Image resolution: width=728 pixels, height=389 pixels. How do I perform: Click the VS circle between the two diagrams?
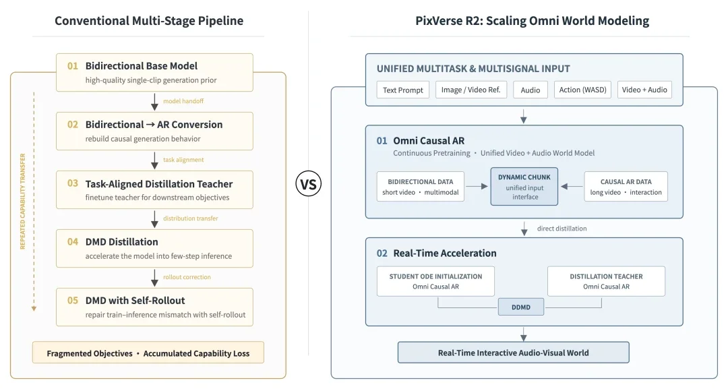click(308, 184)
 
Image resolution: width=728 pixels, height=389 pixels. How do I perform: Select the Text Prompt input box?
click(403, 90)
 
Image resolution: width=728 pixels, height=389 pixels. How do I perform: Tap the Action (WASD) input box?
click(582, 90)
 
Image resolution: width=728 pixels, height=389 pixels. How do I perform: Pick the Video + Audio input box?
click(644, 90)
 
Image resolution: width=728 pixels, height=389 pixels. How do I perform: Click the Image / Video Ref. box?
click(471, 90)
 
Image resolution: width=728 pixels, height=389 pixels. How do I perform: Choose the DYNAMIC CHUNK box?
click(524, 187)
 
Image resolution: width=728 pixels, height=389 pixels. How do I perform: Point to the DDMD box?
click(521, 307)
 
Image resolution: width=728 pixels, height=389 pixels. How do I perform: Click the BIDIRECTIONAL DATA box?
click(420, 187)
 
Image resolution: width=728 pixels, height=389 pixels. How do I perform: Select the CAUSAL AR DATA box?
click(626, 187)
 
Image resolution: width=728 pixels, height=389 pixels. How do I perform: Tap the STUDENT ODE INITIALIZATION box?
click(435, 281)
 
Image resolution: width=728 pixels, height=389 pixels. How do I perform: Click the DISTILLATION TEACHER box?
click(607, 281)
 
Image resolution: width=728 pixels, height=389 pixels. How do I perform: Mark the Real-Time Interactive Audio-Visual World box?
click(514, 353)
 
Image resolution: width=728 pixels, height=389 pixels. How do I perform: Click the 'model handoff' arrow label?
click(183, 101)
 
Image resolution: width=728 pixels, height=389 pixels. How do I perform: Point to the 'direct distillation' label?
click(562, 229)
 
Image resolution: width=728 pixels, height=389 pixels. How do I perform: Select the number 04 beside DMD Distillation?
click(73, 242)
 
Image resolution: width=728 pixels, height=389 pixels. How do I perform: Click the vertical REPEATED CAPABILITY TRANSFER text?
click(23, 201)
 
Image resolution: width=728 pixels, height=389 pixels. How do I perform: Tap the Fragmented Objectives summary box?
click(148, 353)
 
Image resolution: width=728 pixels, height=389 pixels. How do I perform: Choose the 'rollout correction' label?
click(187, 277)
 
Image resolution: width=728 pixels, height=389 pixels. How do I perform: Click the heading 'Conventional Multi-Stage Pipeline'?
click(149, 21)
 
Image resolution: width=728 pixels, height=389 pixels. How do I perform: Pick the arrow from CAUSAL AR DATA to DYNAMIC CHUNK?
click(572, 187)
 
